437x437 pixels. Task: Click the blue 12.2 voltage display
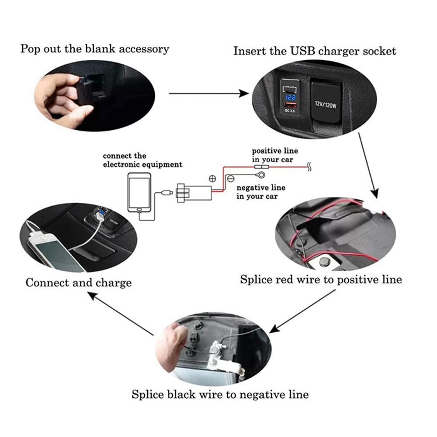(291, 97)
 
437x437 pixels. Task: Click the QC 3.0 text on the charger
(290, 111)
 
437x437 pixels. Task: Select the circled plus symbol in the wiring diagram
(212, 179)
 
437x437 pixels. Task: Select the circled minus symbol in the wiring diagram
(230, 179)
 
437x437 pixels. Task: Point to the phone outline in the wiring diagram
(139, 193)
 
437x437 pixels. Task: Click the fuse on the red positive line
(261, 167)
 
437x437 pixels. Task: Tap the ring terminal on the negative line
(260, 175)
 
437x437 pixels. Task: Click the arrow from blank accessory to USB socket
(209, 94)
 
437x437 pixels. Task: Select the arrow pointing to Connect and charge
(121, 313)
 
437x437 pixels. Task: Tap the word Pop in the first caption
(28, 49)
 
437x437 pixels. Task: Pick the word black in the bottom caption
(181, 394)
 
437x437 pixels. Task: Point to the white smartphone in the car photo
(56, 252)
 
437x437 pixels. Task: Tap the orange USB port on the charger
(290, 105)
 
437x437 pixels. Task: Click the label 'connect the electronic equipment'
(142, 160)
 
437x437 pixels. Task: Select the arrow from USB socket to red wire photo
(368, 165)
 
